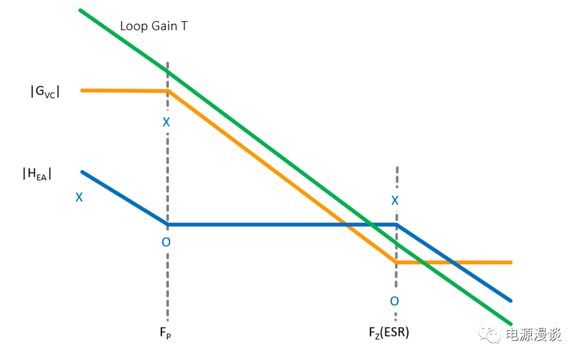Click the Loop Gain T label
pos(154,27)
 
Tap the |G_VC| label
pos(45,91)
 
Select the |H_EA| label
pos(37,173)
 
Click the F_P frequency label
pos(165,333)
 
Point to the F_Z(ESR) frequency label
pos(389,332)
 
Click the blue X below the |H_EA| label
pos(79,197)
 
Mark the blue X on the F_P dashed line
pos(166,122)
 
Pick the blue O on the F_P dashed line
pos(166,242)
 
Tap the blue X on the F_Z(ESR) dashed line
pos(395,200)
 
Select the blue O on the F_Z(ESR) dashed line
pos(394,301)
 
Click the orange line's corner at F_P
pos(168,90)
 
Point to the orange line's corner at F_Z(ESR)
pos(396,263)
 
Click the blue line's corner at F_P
pos(168,224)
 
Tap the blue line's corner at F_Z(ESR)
pos(396,224)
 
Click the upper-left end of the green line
pos(80,10)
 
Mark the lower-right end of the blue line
pos(511,301)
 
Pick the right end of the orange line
pos(511,263)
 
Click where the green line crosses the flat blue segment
pos(370,224)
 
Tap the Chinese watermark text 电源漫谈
pos(534,335)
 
